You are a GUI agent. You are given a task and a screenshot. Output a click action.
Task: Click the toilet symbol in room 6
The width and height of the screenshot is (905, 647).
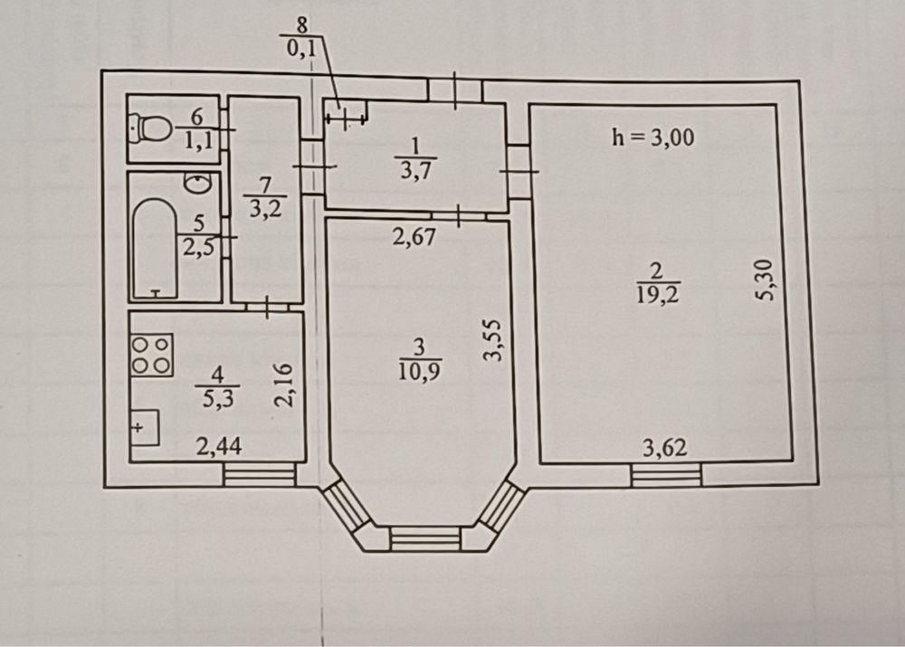(149, 128)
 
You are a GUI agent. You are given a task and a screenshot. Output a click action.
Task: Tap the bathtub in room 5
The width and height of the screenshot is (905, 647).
(155, 249)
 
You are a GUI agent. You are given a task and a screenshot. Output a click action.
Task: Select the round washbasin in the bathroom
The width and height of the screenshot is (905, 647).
(197, 183)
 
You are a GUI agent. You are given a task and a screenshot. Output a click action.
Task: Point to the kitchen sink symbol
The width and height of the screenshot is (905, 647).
(145, 428)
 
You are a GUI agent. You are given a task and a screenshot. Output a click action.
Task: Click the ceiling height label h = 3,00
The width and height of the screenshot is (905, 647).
(653, 138)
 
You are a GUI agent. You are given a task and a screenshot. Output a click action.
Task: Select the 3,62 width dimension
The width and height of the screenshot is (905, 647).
(665, 448)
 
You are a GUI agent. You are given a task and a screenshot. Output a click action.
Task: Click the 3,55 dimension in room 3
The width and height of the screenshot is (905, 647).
(494, 340)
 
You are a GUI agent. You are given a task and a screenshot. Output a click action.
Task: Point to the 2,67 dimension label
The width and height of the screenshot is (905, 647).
(414, 237)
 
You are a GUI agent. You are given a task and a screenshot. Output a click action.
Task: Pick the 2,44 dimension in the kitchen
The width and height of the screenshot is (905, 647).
(219, 446)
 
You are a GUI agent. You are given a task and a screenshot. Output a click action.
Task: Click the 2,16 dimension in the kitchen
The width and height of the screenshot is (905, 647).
(283, 385)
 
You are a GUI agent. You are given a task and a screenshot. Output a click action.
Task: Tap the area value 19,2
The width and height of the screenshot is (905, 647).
(658, 295)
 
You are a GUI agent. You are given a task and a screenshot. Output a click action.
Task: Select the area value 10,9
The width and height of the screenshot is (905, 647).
(420, 370)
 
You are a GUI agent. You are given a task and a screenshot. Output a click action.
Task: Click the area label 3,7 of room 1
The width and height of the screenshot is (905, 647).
(415, 171)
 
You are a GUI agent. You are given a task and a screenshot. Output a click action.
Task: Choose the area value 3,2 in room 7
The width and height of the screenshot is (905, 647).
(265, 208)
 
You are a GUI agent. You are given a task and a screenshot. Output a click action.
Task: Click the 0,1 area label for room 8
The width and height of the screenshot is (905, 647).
(301, 49)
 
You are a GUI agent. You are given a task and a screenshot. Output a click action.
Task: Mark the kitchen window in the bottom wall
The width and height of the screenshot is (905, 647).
(260, 476)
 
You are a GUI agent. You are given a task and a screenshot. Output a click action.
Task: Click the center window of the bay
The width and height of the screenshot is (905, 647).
(425, 539)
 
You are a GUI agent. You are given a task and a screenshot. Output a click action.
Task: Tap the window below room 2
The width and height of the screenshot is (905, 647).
(667, 475)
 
